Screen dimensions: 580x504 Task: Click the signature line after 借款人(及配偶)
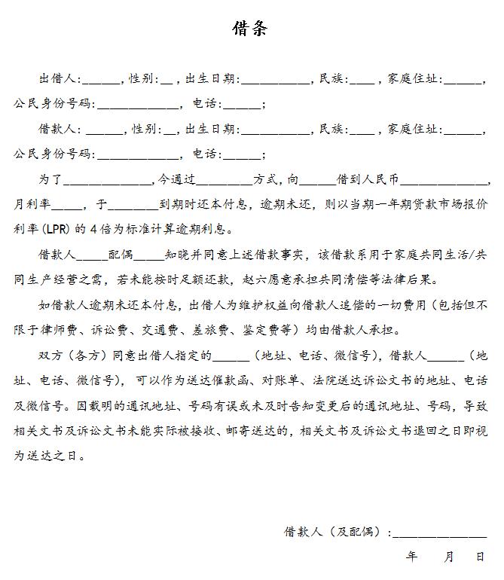pos(440,533)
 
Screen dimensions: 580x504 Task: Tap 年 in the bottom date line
pos(411,557)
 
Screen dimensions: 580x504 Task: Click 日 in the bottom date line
pos(480,557)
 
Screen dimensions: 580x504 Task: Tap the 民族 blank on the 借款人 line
pos(362,129)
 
